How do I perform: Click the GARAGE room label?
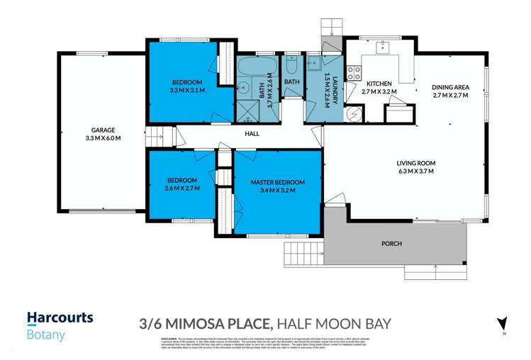pyautogui.click(x=103, y=130)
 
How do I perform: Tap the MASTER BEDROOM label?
pyautogui.click(x=278, y=181)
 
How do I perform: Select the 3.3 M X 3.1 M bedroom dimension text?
pyautogui.click(x=187, y=91)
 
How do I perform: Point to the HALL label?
pyautogui.click(x=252, y=133)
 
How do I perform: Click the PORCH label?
pyautogui.click(x=391, y=244)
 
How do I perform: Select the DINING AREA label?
pyautogui.click(x=451, y=88)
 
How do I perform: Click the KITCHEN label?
pyautogui.click(x=379, y=83)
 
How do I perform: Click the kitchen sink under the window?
pyautogui.click(x=382, y=48)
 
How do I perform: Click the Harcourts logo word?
pyautogui.click(x=60, y=318)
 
